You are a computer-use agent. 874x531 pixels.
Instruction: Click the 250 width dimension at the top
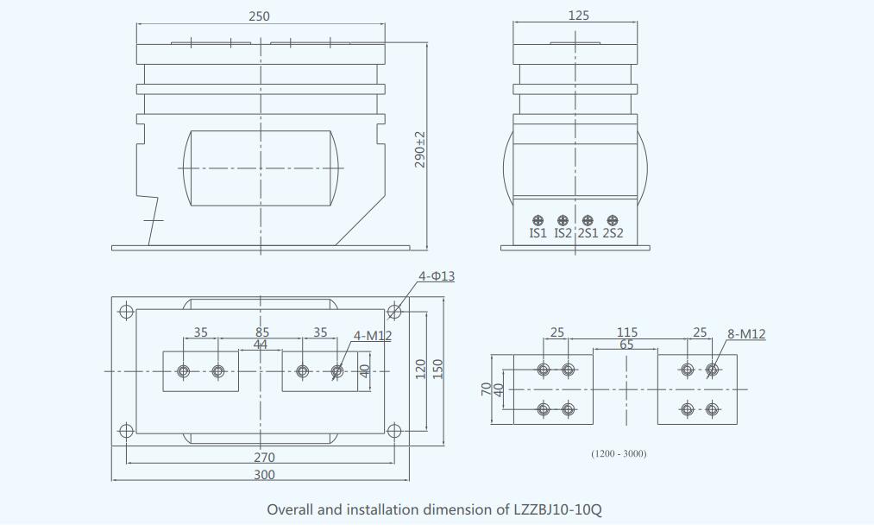[x=259, y=16]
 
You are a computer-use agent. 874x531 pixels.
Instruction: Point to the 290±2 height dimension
[x=420, y=149]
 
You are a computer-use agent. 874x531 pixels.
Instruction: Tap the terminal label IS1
[x=538, y=233]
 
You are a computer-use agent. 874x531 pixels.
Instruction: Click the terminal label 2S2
[x=613, y=233]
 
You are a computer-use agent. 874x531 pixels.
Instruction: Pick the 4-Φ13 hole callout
[x=437, y=276]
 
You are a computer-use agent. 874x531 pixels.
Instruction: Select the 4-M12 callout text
[x=372, y=336]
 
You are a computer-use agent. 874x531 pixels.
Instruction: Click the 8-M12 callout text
[x=746, y=334]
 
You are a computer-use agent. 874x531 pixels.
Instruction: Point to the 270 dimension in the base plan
[x=263, y=458]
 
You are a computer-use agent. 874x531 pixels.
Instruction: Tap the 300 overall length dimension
[x=264, y=475]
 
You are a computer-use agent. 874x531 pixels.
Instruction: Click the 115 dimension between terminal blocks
[x=627, y=332]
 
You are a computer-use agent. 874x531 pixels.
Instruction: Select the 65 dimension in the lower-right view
[x=626, y=345]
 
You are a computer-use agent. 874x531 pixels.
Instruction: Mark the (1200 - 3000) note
[x=619, y=453]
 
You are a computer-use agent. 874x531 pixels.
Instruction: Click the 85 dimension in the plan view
[x=262, y=332]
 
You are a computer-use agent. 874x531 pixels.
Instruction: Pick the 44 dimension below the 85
[x=260, y=344]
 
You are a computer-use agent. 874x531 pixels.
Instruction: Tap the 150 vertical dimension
[x=437, y=369]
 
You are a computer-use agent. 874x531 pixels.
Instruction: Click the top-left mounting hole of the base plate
[x=126, y=311]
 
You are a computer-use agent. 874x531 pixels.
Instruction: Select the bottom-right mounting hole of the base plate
[x=394, y=429]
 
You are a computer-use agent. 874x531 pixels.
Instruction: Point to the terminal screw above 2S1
[x=588, y=220]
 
